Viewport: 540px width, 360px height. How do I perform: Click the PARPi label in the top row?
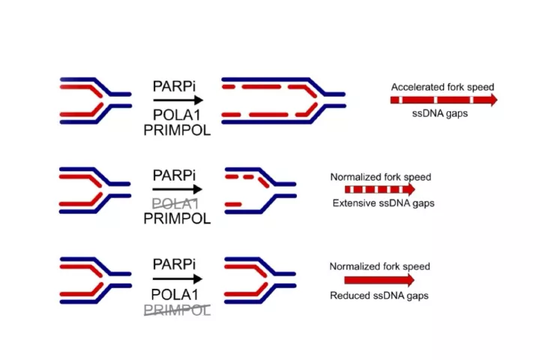pos(174,86)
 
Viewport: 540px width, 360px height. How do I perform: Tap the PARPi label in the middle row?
pos(174,175)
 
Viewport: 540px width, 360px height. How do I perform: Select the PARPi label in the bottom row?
pos(174,264)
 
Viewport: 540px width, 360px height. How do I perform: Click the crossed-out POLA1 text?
pos(175,204)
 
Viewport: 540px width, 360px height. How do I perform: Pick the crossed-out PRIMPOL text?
pos(177,310)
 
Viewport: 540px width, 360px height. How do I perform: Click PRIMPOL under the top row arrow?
pos(177,130)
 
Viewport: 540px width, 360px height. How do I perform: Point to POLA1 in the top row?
pos(176,115)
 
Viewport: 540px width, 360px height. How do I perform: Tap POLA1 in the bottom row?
pos(175,295)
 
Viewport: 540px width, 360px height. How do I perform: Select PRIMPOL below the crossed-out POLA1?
pos(177,218)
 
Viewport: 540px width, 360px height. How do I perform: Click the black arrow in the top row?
pos(178,100)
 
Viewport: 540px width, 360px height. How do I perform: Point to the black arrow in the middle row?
pos(177,189)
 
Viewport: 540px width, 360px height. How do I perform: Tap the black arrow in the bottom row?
pos(177,279)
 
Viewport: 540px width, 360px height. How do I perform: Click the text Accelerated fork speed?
pos(442,87)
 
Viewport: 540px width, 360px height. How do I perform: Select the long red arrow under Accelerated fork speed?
pos(444,100)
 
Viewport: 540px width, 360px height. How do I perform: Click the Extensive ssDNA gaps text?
pos(383,203)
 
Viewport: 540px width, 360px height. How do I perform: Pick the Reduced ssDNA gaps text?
pos(379,295)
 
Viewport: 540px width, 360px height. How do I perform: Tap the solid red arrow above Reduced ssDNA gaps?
pos(379,280)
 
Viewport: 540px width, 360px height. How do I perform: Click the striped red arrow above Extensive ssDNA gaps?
pos(379,189)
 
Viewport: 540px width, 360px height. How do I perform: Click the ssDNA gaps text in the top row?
pos(439,113)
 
